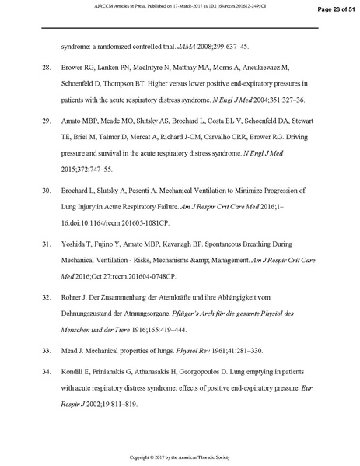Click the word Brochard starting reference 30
pyautogui.click(x=76, y=190)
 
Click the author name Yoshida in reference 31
pyautogui.click(x=74, y=244)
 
